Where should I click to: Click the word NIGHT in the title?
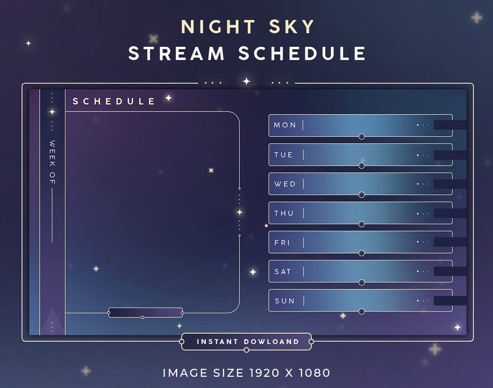tap(212, 27)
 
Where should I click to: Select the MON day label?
tap(285, 125)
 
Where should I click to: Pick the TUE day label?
tap(284, 155)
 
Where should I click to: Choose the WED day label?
tap(285, 184)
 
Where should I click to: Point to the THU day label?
tap(284, 213)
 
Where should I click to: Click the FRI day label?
tap(283, 242)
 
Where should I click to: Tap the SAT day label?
tap(283, 272)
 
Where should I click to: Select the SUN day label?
tap(285, 301)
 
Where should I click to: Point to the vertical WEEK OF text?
tap(52, 162)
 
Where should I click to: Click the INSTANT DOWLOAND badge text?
tap(248, 342)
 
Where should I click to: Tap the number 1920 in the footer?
tap(264, 373)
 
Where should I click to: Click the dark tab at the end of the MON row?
tap(450, 125)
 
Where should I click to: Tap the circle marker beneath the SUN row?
tap(362, 311)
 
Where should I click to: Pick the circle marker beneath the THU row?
tap(362, 224)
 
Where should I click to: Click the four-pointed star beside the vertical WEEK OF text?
tap(52, 112)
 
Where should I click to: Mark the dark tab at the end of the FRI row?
tap(450, 242)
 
